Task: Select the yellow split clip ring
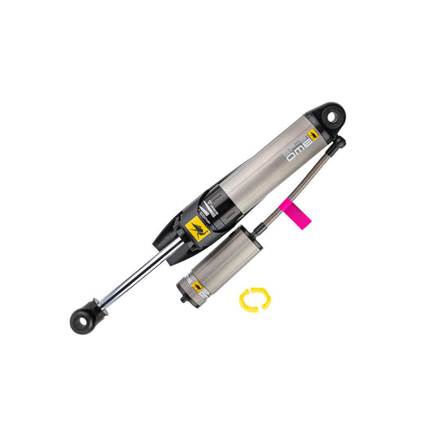click(253, 300)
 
